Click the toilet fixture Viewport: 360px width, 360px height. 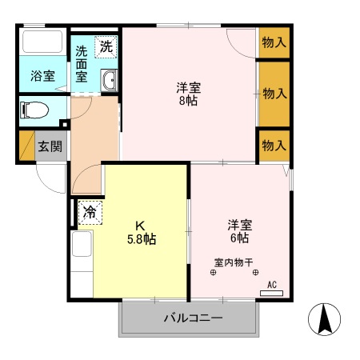coord(37,109)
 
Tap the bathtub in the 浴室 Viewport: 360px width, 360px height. coord(42,42)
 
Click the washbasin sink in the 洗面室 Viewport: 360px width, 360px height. coord(109,81)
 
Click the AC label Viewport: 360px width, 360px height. coord(271,284)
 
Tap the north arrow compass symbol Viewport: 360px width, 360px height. coord(325,321)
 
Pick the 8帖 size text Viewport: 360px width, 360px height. coord(189,102)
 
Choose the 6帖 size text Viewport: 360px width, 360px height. coord(238,238)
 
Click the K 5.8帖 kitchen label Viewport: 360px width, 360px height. coord(139,231)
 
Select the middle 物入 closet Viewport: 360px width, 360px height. coord(274,94)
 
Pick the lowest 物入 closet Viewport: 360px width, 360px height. coord(274,146)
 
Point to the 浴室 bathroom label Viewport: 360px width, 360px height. coord(42,77)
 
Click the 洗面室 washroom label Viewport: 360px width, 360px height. coord(82,65)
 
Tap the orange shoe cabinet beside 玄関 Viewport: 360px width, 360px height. coord(26,146)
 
